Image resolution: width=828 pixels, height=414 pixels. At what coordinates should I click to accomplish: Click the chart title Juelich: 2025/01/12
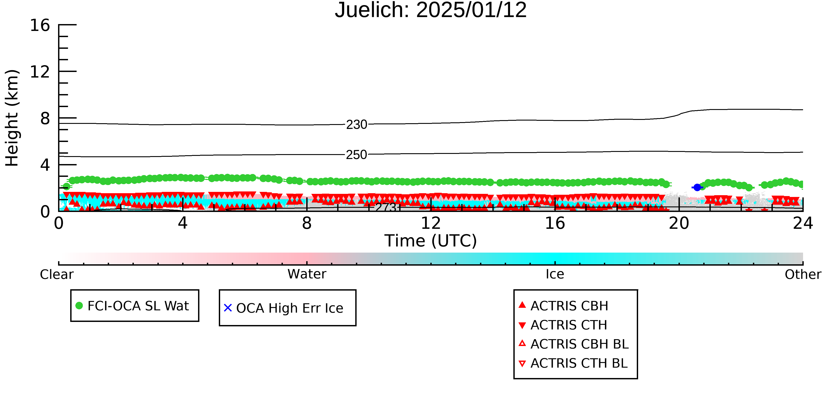[x=431, y=10]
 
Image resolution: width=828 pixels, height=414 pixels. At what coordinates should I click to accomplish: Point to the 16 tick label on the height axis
[x=40, y=25]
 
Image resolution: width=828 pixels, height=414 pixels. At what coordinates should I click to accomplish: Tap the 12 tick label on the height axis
[x=40, y=72]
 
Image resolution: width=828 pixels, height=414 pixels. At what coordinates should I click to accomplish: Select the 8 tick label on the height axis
[x=45, y=119]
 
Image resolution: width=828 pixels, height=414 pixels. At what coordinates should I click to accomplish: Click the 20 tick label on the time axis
[x=679, y=223]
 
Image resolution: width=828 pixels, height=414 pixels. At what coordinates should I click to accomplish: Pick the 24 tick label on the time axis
[x=803, y=223]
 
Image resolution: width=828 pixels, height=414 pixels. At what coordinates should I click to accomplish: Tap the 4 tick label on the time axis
[x=183, y=223]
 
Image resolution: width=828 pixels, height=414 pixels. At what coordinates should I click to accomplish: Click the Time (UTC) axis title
[x=431, y=241]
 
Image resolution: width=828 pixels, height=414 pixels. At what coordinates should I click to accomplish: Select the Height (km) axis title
[x=12, y=118]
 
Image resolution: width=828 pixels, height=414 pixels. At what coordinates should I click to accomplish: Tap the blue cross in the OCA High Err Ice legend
[x=228, y=308]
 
